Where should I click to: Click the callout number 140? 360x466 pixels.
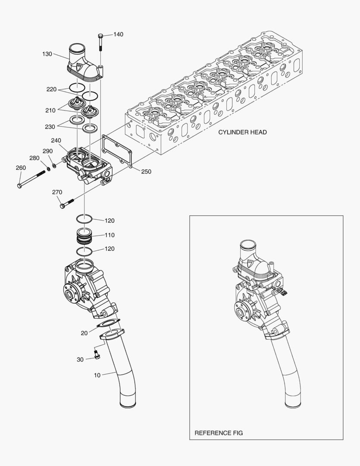tap(118, 34)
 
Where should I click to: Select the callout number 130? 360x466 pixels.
tap(47, 54)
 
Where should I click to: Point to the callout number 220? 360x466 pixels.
tap(52, 89)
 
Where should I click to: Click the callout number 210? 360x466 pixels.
tap(50, 110)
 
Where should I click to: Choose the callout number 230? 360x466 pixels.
tap(50, 127)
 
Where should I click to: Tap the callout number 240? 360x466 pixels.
tap(56, 141)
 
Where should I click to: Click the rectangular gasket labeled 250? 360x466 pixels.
tap(117, 151)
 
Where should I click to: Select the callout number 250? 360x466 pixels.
tap(146, 171)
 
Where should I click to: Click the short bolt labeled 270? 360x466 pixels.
tap(67, 203)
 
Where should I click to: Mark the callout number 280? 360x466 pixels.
tap(34, 158)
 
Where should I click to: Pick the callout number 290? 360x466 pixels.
tap(47, 151)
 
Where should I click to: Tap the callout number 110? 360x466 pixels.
tap(110, 235)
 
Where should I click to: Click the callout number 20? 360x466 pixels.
tap(84, 333)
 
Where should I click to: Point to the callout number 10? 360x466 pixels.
tap(97, 375)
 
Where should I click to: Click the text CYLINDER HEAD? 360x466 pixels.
tap(242, 132)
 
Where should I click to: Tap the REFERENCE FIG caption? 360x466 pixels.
tap(219, 432)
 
